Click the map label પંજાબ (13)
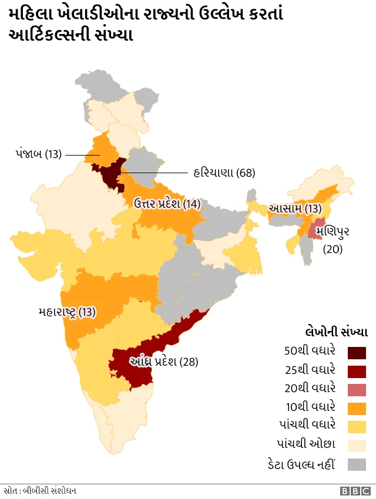coord(38,154)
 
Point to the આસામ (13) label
coord(295,208)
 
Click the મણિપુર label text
coord(332,231)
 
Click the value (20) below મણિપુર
coord(333,248)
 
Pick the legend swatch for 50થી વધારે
coord(357,352)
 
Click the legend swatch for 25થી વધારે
coord(357,371)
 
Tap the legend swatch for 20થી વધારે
coord(357,390)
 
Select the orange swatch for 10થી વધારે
coord(357,409)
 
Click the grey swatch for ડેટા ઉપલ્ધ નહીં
coord(357,464)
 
